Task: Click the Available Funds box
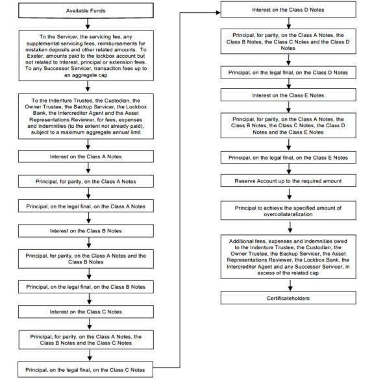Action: pos(86,10)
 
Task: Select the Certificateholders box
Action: pos(288,298)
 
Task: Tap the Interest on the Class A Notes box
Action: pos(86,156)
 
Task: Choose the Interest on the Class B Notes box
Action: pos(86,230)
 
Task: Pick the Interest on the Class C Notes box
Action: pos(86,312)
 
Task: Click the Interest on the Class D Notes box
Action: pos(288,10)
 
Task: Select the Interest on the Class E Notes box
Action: pos(288,95)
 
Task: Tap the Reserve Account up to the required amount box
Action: pos(288,181)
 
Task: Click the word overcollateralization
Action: pos(288,214)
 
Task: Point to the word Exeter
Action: pos(35,56)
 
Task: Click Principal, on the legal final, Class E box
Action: pos(288,158)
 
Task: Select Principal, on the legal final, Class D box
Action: pos(288,73)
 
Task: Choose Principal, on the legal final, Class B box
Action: pos(86,287)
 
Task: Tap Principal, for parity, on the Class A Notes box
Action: pos(86,181)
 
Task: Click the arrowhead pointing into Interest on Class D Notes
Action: pos(218,12)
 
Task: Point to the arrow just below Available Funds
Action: pos(88,24)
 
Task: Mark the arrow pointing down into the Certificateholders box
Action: pos(290,286)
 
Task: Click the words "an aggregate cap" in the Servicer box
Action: pos(86,75)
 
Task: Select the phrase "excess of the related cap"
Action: pos(288,273)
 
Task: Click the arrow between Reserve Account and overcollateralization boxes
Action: pos(289,194)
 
